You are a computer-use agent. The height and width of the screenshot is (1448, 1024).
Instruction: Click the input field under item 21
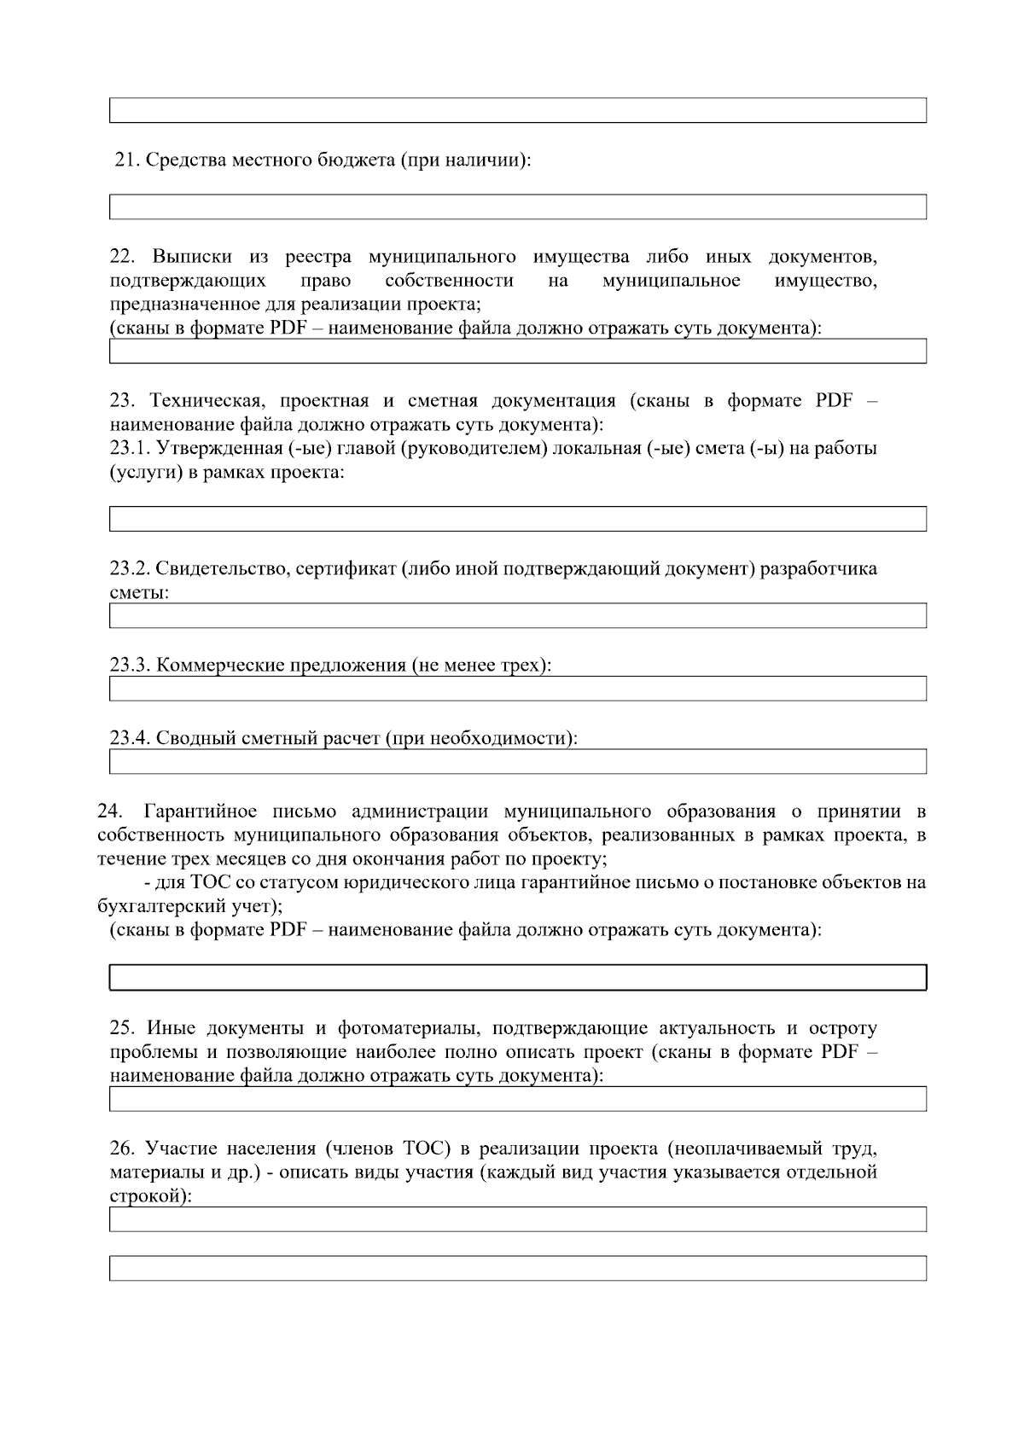[x=517, y=206]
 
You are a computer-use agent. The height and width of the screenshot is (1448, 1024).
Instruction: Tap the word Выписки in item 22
[x=191, y=257]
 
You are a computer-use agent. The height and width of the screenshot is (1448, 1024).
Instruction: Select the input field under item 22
[x=517, y=351]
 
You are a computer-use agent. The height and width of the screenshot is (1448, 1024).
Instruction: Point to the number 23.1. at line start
[x=130, y=448]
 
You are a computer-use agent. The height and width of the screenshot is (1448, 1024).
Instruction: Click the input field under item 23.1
[x=517, y=519]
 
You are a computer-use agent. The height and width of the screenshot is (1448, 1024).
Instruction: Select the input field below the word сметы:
[x=517, y=615]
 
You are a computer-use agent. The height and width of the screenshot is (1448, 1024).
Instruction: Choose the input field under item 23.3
[x=517, y=689]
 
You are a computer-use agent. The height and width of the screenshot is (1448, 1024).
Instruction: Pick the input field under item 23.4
[x=517, y=761]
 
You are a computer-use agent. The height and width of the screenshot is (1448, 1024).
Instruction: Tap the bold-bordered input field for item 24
[x=517, y=978]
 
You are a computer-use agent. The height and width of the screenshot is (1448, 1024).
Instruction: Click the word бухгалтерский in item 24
[x=149, y=905]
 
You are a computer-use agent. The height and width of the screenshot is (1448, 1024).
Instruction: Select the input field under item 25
[x=517, y=1099]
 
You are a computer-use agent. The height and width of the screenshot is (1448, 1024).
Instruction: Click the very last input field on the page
[x=517, y=1268]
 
